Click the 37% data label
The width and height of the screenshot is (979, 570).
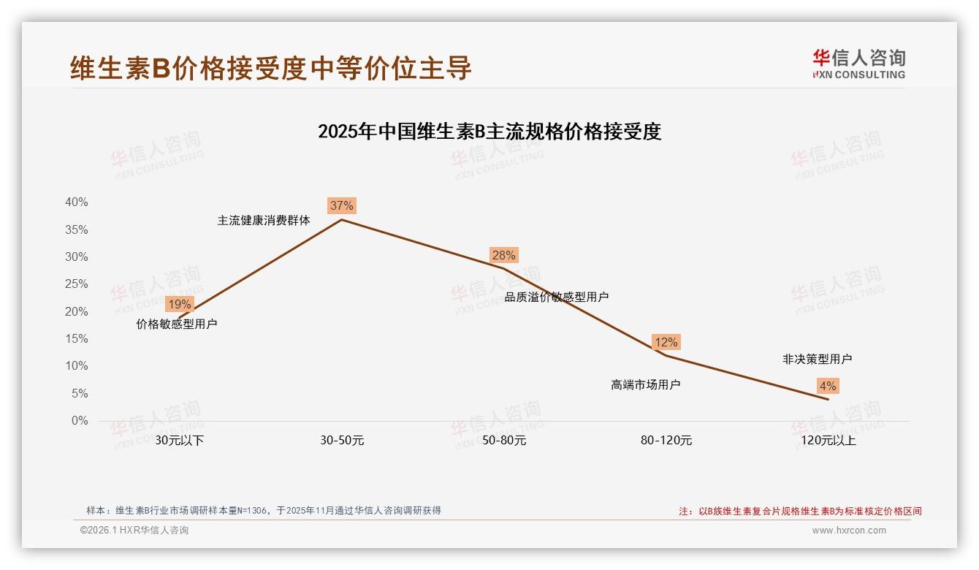[341, 205]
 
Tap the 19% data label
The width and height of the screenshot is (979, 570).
[179, 304]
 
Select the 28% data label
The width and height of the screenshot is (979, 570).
[503, 255]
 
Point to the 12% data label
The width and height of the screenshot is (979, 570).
[666, 342]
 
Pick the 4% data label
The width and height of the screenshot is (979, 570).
[828, 386]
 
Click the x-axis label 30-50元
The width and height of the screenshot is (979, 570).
[342, 441]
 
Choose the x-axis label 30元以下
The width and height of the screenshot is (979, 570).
[180, 441]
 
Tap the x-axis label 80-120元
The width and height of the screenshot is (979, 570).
[666, 441]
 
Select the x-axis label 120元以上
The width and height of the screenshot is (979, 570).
[828, 441]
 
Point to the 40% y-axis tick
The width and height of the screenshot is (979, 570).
[77, 202]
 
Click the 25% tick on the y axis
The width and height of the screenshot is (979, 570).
[77, 284]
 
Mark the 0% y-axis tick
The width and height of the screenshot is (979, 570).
[80, 421]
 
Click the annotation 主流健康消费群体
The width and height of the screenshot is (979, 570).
[264, 220]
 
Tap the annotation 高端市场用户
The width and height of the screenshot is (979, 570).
[645, 384]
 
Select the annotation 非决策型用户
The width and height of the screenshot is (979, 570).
[817, 359]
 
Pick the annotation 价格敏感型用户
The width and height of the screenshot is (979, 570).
[177, 324]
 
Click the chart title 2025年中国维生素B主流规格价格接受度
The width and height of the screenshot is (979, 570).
[489, 132]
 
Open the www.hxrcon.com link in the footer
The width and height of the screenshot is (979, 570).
[849, 531]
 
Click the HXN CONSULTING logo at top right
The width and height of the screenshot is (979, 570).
[858, 64]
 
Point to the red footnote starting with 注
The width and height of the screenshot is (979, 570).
[800, 512]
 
